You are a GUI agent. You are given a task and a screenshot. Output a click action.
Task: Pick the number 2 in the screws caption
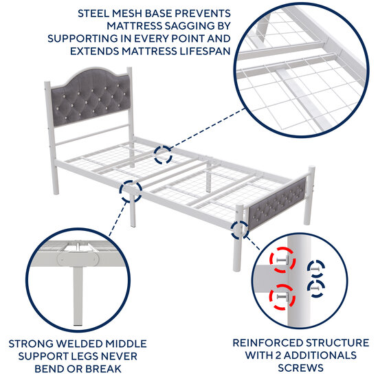281,355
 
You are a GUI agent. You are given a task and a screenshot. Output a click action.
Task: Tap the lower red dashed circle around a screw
281,296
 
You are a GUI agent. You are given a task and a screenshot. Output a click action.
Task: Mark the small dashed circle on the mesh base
163,155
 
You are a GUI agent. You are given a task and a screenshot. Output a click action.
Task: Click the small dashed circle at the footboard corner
240,230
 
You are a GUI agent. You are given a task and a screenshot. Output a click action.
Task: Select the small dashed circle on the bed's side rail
131,190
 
